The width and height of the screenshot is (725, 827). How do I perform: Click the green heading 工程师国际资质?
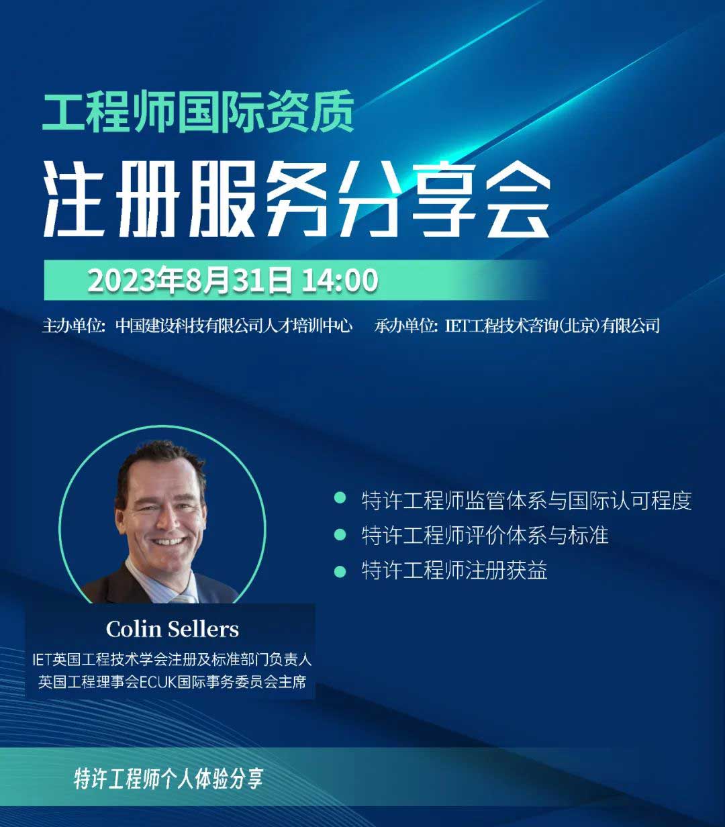[x=198, y=112]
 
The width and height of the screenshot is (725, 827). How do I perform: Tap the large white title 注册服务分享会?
[x=297, y=199]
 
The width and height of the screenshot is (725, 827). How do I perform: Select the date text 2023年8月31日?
[x=190, y=281]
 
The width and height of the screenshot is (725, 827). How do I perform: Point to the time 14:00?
[x=340, y=281]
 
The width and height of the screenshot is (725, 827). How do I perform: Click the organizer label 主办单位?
[x=72, y=326]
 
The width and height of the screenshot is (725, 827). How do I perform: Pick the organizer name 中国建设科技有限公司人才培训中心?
[x=234, y=326]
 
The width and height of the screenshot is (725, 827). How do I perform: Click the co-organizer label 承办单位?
[x=404, y=326]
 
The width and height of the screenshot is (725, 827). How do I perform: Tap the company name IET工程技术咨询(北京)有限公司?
[x=552, y=326]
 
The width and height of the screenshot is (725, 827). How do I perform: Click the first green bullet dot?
[x=340, y=498]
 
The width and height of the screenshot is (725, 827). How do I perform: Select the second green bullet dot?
[x=340, y=535]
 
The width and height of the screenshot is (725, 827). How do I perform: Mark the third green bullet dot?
[x=340, y=571]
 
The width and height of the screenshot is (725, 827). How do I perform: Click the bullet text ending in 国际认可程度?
[x=526, y=501]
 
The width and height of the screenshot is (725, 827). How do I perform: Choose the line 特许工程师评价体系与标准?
[x=485, y=535]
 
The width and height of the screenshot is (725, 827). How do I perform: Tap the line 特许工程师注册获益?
[x=454, y=571]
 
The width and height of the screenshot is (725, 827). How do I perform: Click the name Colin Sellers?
[x=173, y=629]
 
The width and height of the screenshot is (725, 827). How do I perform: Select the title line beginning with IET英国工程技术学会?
[x=172, y=659]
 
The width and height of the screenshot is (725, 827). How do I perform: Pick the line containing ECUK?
[x=172, y=682]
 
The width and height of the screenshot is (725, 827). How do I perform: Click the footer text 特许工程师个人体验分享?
[x=168, y=779]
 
